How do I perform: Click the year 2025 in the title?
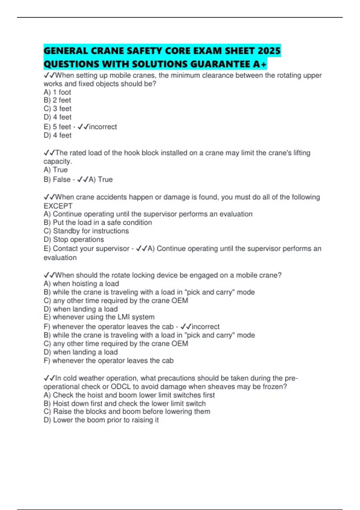tap(268, 51)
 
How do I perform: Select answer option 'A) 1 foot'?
tap(57, 92)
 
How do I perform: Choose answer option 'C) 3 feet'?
tap(58, 109)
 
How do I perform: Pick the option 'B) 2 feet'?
tap(57, 100)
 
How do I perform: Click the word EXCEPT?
tap(58, 206)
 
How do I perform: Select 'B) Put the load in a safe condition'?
tap(98, 223)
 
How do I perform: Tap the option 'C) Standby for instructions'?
tap(86, 231)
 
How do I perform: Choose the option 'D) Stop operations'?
tap(74, 239)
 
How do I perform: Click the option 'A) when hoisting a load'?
tap(81, 283)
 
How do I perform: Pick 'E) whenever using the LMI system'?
tap(99, 317)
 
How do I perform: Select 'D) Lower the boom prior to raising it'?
tap(101, 420)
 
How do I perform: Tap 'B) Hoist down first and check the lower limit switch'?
tap(124, 403)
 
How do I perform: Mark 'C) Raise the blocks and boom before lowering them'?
tap(127, 412)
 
